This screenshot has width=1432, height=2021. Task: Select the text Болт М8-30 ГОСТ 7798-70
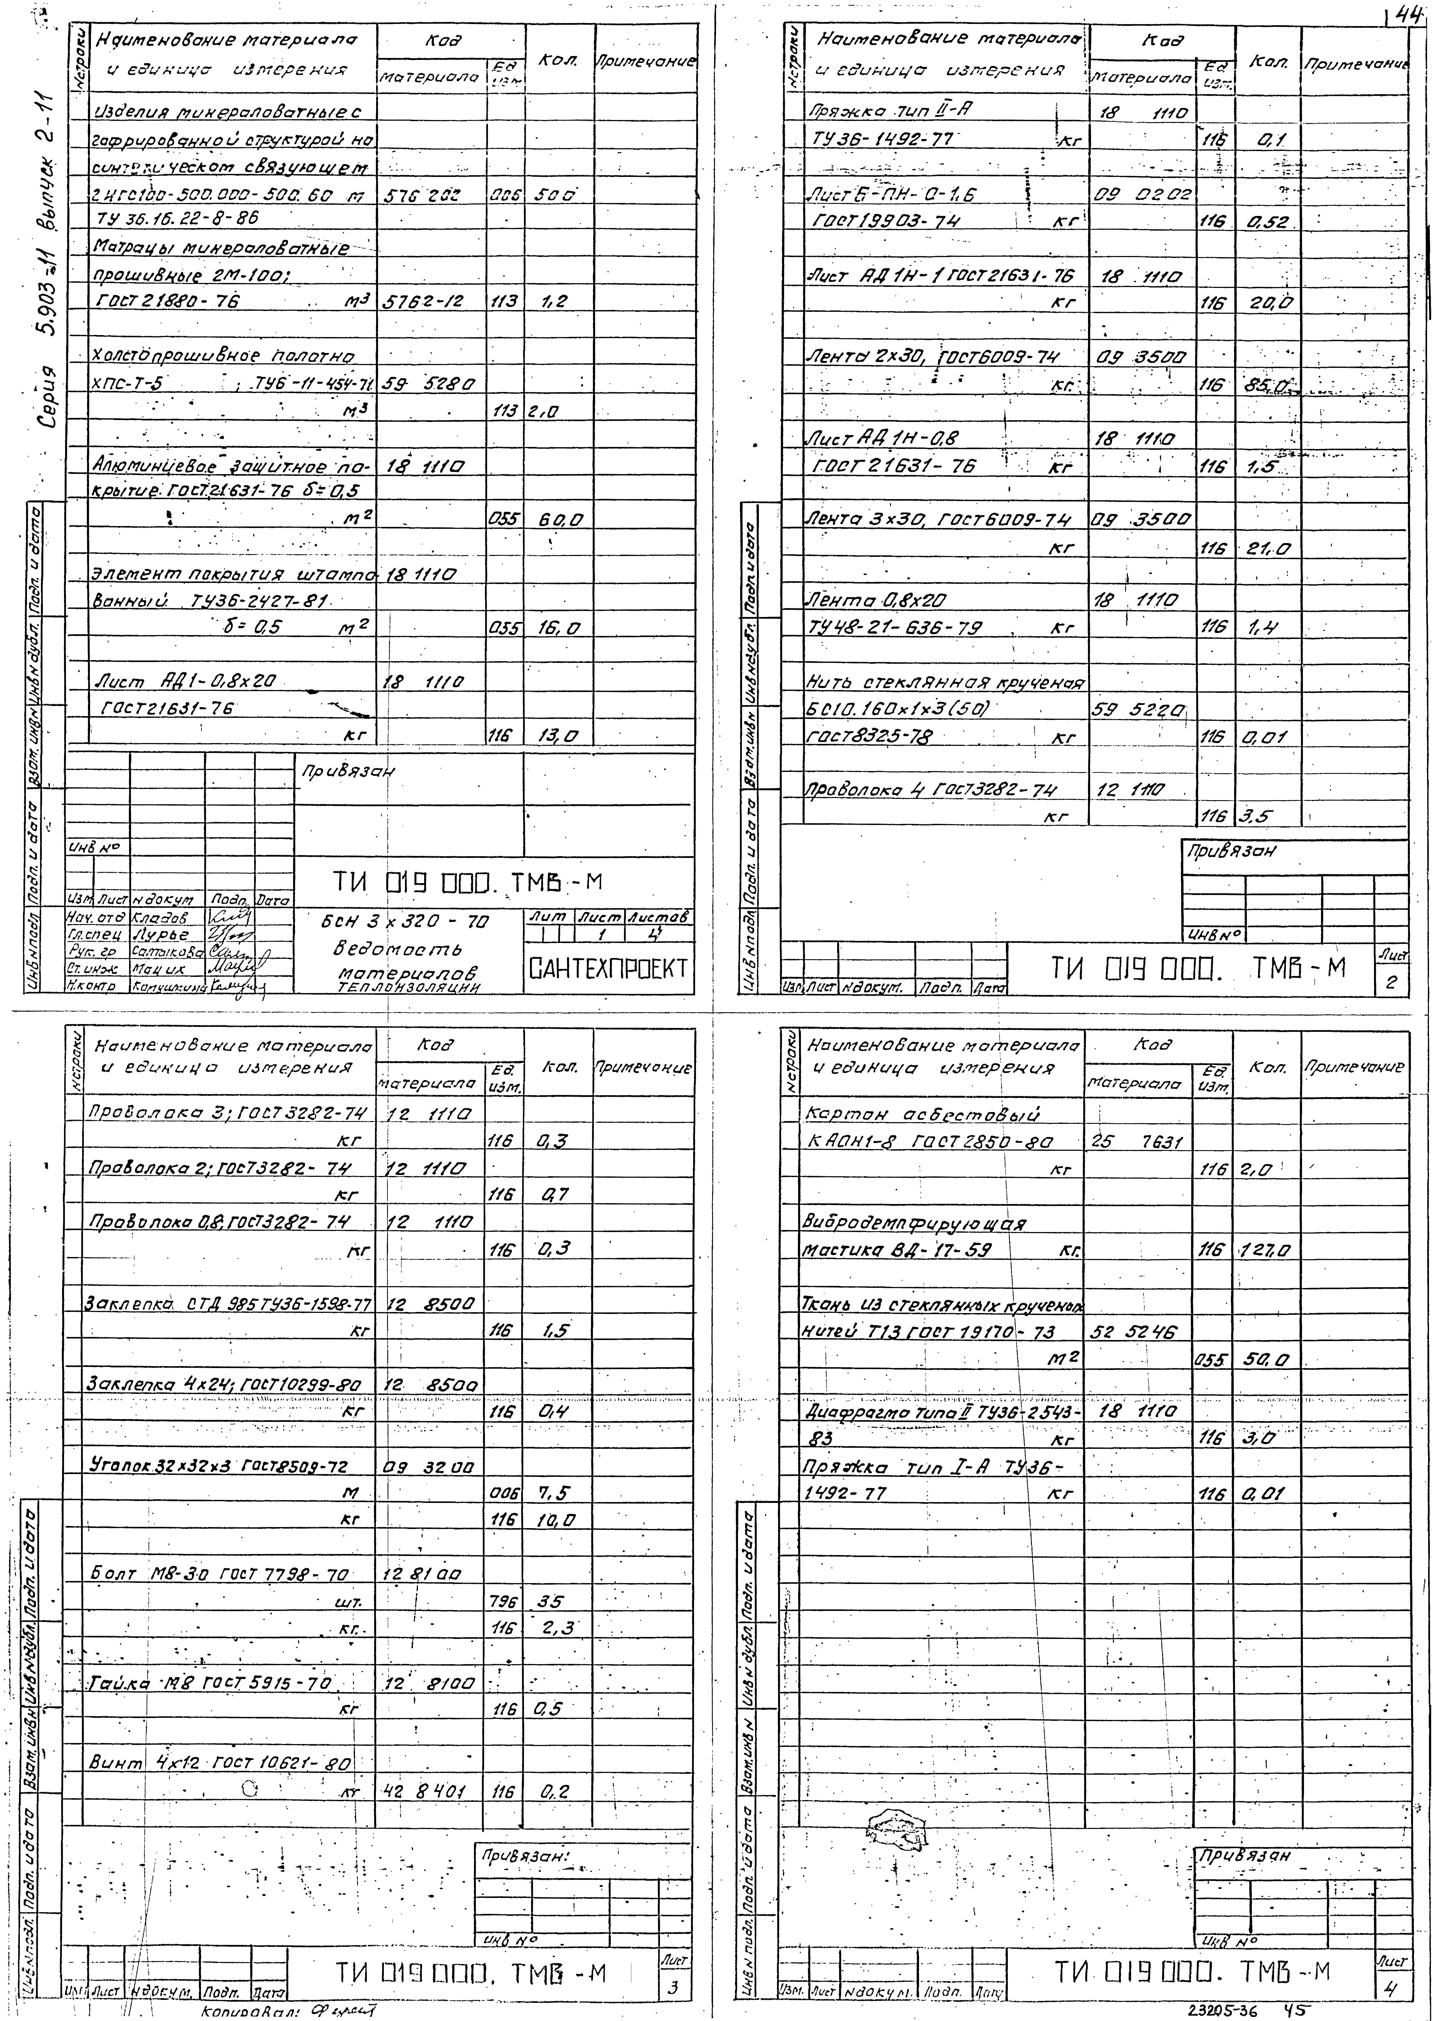[220, 1575]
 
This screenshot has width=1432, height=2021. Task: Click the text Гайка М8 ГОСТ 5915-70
[212, 1684]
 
